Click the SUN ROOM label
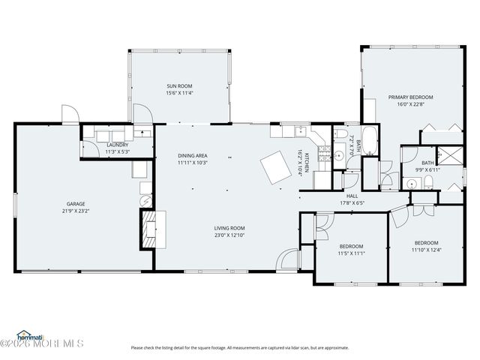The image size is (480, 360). (180, 86)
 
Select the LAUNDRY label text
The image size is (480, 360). (118, 145)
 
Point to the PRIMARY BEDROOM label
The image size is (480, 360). (410, 97)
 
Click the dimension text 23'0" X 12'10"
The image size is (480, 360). (229, 235)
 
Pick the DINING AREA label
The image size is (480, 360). (192, 155)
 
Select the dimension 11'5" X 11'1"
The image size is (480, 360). (351, 253)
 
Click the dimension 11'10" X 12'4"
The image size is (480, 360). (426, 250)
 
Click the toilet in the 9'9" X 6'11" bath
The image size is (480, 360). (427, 183)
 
